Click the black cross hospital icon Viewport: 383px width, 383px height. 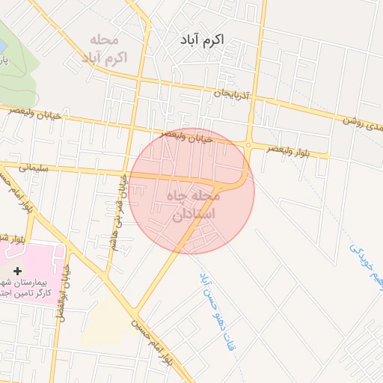(18, 269)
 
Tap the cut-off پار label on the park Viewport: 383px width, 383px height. (4, 60)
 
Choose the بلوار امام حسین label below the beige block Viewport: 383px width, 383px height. (150, 340)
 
